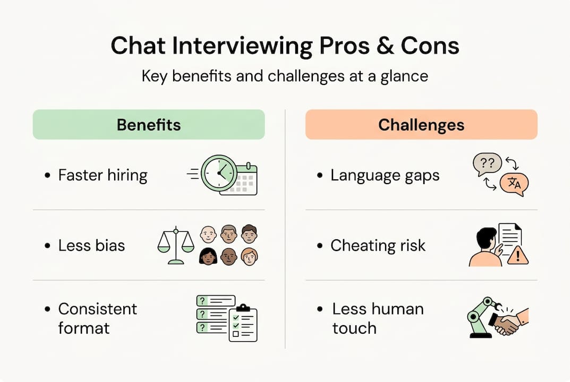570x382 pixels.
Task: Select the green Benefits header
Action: coord(149,125)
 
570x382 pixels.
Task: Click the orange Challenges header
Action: coord(421,125)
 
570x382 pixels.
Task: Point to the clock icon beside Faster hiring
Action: coord(218,172)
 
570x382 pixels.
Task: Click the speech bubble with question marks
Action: coord(487,165)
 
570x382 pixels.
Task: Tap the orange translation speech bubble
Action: coord(514,184)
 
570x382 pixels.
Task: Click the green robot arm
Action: coord(479,316)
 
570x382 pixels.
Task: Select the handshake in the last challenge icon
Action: coord(506,323)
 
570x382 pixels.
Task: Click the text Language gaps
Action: coord(385,176)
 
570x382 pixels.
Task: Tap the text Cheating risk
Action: coord(378,246)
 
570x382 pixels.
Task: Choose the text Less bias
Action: coord(91,246)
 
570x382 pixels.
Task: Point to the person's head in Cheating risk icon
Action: coord(486,237)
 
